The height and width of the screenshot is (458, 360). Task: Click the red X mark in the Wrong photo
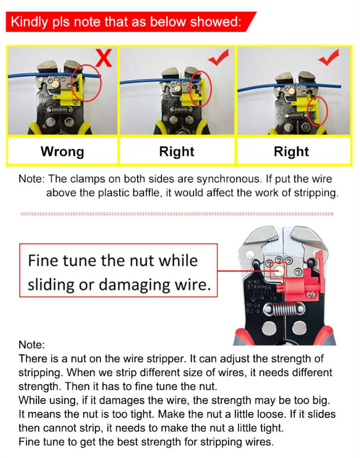click(103, 58)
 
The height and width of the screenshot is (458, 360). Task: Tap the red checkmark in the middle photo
click(219, 58)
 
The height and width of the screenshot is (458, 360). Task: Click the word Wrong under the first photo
click(63, 152)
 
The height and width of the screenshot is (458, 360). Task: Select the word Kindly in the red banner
click(29, 22)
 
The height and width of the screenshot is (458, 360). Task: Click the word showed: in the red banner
click(216, 22)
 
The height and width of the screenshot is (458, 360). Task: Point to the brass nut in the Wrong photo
click(56, 84)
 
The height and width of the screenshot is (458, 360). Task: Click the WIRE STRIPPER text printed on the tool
click(259, 285)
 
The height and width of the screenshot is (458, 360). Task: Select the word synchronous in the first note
click(228, 179)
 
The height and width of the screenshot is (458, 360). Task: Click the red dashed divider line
click(177, 214)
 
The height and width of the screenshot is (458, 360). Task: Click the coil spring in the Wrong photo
click(59, 110)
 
